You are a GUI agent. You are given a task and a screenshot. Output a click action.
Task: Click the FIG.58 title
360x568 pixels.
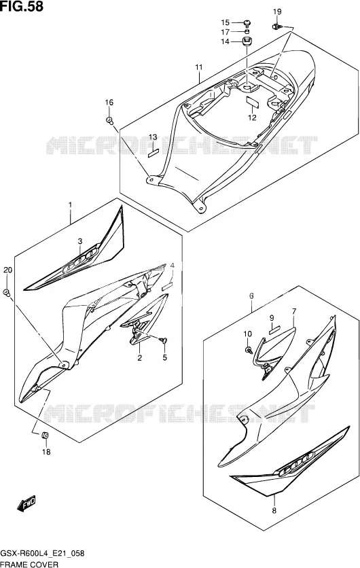pos(22,6)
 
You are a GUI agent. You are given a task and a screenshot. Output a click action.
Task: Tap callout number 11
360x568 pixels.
pos(199,67)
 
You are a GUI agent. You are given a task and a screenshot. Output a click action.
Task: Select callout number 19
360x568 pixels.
pos(277,12)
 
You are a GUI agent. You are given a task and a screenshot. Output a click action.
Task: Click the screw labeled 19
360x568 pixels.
pos(276,26)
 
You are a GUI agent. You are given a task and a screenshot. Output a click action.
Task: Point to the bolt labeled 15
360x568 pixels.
pos(247,24)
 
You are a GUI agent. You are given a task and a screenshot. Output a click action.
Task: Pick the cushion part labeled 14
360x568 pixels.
pos(247,41)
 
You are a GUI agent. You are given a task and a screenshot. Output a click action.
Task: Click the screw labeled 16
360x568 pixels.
pos(109,120)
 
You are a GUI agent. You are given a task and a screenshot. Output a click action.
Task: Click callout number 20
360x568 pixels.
pos(7,270)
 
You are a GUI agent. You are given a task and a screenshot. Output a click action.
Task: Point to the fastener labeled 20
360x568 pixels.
pos(7,292)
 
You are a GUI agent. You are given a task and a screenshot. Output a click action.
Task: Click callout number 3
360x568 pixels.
pos(80,241)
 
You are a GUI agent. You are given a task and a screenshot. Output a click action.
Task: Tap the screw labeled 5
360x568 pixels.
pos(164,340)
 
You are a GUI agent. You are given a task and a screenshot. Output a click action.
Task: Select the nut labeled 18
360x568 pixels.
pos(46,435)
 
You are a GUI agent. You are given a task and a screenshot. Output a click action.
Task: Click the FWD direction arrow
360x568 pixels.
pos(26,503)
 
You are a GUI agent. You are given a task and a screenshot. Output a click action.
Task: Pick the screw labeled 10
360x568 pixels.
pos(248,350)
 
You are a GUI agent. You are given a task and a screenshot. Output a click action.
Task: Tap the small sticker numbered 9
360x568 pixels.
pos(274,330)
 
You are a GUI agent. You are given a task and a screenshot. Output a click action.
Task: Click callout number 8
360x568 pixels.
pos(274,510)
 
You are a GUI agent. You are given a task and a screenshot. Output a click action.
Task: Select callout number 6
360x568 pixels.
pos(251,296)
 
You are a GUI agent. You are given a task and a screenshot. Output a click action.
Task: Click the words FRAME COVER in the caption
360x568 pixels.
pos(29,565)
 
